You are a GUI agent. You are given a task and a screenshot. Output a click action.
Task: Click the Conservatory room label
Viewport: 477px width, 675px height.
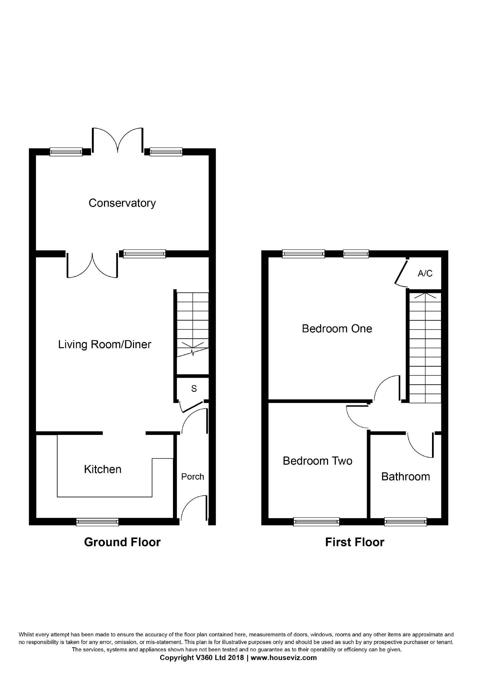122,203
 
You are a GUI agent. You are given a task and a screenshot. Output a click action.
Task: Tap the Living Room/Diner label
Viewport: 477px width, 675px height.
105,344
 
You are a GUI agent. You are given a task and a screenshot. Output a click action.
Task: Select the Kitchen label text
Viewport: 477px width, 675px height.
103,469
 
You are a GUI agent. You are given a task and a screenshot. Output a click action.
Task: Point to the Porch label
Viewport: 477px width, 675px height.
193,477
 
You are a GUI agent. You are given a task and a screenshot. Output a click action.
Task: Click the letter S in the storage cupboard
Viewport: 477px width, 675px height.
194,389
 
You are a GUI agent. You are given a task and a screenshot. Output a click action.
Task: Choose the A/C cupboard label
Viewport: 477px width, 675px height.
425,273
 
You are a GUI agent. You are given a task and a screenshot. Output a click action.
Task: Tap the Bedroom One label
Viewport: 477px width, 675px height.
337,329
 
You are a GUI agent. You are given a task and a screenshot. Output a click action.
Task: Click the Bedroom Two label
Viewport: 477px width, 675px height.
317,461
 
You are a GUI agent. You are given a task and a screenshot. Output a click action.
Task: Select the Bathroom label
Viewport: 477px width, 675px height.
405,477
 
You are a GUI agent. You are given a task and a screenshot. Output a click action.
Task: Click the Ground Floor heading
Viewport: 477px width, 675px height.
122,542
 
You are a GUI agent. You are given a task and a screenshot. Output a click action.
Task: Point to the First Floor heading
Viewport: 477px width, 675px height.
355,542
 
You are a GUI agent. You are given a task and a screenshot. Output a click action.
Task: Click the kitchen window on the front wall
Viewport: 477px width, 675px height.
97,522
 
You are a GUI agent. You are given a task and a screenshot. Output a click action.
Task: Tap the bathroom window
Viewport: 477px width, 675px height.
405,522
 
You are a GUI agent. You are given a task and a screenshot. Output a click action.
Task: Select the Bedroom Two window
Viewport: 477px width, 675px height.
316,522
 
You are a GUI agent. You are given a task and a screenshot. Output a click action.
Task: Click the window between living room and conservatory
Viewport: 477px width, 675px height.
144,254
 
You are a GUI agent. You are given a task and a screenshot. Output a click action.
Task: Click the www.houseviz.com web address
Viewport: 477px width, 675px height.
283,658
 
